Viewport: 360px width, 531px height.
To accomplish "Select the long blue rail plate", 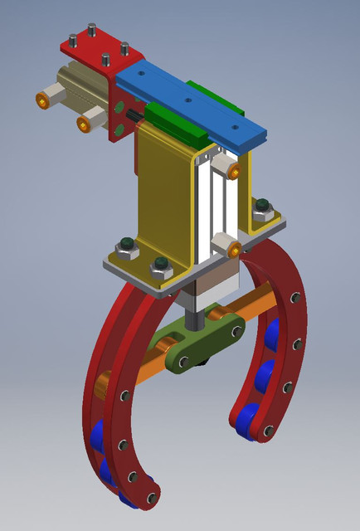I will click(x=191, y=103).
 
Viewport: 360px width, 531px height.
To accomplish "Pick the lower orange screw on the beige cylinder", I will click(x=84, y=124).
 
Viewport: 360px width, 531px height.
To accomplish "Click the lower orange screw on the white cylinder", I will click(x=234, y=249).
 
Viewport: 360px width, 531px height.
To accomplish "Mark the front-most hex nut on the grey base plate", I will click(x=160, y=269).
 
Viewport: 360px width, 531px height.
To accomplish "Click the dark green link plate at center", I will click(x=199, y=344).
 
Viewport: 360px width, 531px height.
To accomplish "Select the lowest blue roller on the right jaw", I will click(x=247, y=420).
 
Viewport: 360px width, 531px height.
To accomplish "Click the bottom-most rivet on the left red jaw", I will click(x=151, y=498).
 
